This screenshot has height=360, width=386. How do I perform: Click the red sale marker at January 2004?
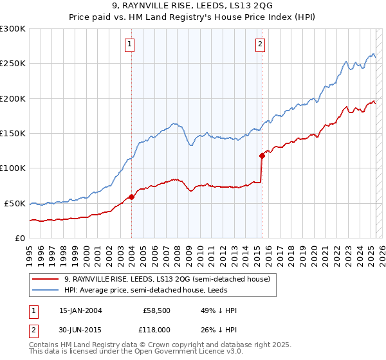[x=131, y=197]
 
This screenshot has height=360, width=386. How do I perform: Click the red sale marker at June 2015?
[x=262, y=156]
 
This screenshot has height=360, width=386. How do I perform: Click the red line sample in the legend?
[x=46, y=279]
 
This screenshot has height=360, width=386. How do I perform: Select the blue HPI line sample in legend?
[x=46, y=290]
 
